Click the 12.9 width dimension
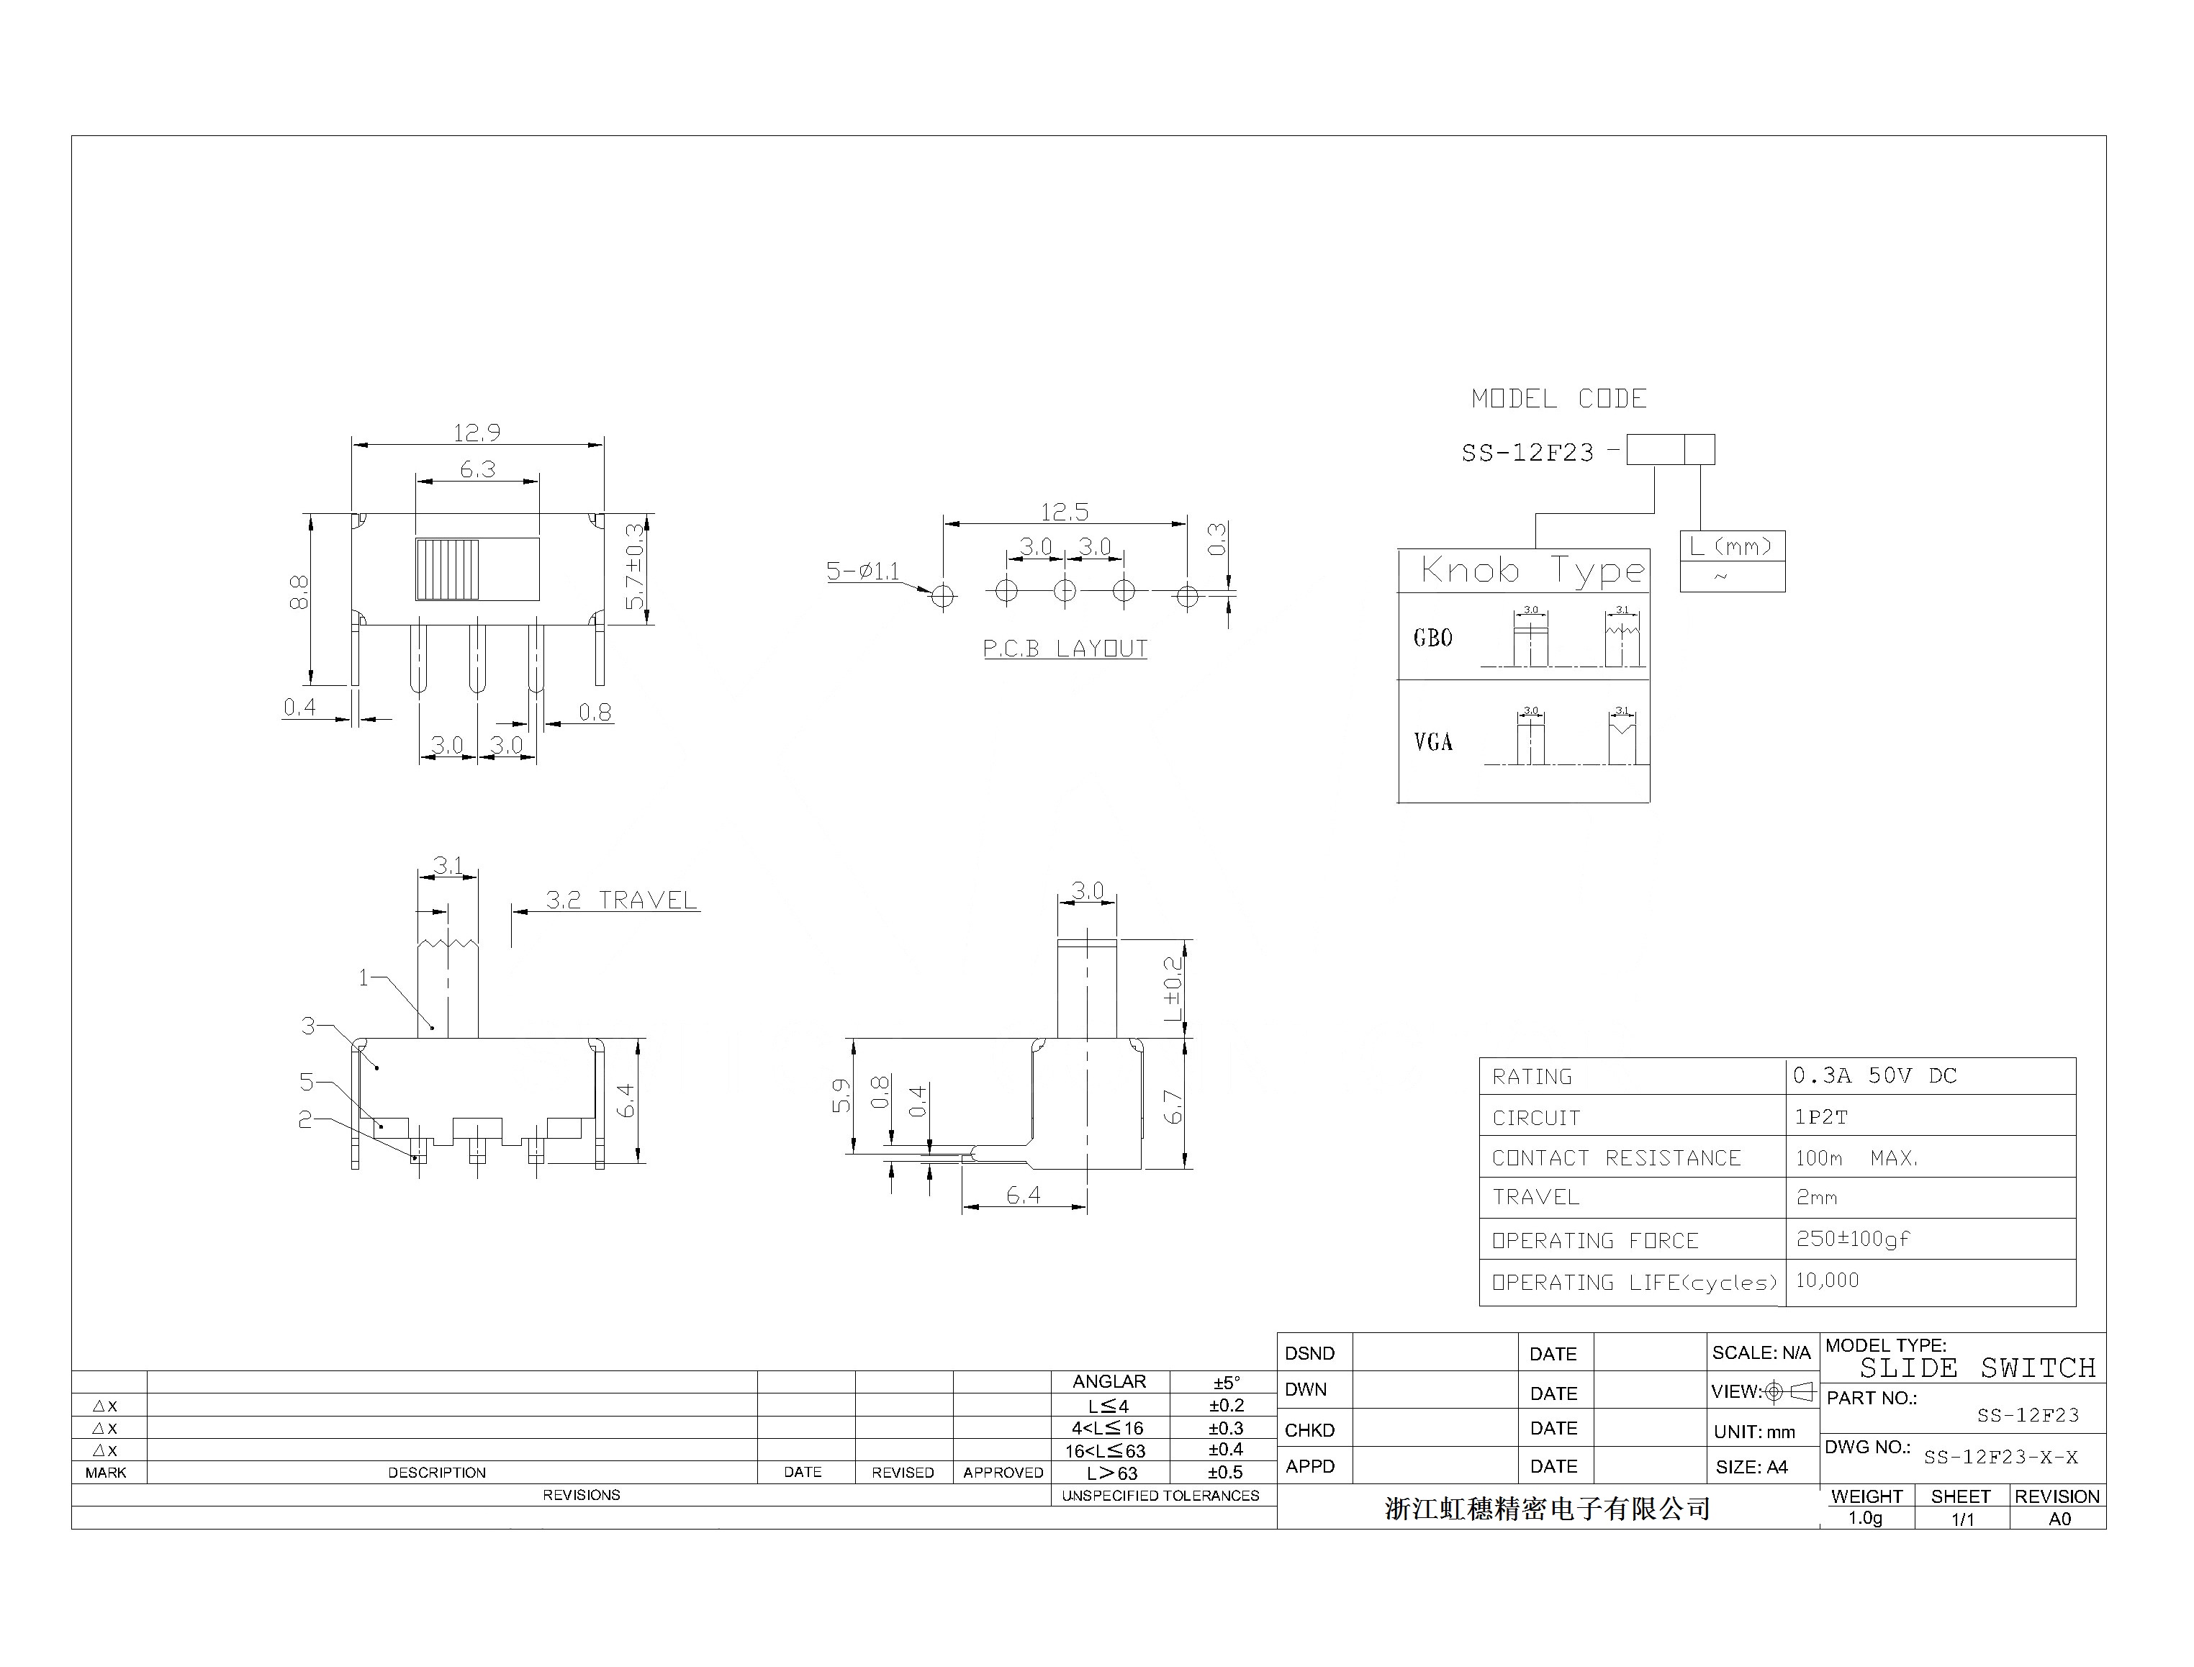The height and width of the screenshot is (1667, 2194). (477, 433)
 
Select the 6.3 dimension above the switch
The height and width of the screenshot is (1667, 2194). (477, 469)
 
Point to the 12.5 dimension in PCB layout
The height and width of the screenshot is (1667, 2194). (1065, 512)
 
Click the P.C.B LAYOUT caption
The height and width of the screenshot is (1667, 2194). (1065, 649)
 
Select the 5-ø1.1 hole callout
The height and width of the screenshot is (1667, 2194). (862, 572)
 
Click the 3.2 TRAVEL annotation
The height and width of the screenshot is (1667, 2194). (621, 900)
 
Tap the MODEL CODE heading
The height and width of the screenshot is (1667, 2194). (1559, 399)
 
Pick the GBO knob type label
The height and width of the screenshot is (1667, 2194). (1433, 638)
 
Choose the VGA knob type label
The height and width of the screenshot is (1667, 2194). (1433, 742)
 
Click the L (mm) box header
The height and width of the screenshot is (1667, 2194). (1732, 546)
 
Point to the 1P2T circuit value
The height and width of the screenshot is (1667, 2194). (1821, 1117)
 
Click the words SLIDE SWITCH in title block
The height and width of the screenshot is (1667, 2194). (1977, 1368)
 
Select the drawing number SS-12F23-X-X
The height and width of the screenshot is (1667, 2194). (2000, 1458)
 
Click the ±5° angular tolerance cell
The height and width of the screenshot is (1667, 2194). (1227, 1382)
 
